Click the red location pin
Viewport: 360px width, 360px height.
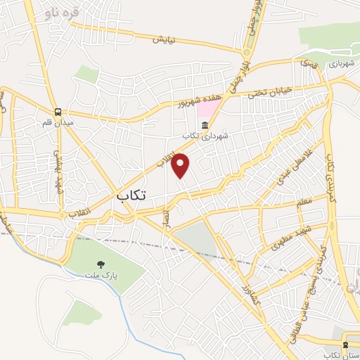(181, 165)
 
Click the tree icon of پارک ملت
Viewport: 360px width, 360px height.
(101, 265)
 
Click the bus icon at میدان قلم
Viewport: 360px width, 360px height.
(58, 112)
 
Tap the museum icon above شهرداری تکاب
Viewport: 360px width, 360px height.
(205, 126)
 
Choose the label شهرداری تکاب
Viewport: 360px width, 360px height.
(202, 136)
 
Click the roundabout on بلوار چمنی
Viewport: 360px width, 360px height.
(247, 53)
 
